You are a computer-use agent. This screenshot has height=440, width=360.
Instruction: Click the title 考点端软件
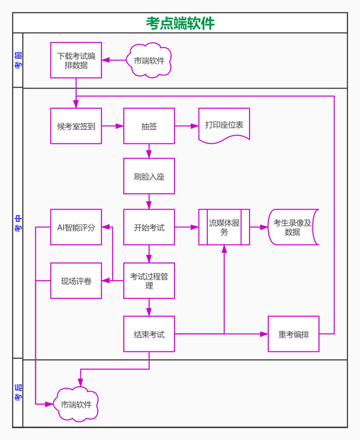(180, 23)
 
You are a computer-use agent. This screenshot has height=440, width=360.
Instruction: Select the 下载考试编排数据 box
(76, 60)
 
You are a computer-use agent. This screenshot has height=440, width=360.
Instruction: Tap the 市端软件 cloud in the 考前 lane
(149, 61)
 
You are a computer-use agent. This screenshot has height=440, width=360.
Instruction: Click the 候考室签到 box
(76, 126)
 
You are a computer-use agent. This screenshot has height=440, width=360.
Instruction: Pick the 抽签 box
(149, 126)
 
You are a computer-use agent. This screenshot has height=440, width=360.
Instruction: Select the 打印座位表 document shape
(224, 126)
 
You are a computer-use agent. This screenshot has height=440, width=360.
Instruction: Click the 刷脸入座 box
(149, 176)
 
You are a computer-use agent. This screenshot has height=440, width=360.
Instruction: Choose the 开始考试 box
(149, 227)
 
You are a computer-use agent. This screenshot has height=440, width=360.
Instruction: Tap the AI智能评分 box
(76, 227)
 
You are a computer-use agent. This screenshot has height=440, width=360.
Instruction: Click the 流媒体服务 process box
(224, 227)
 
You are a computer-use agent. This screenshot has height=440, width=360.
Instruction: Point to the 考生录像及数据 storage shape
(293, 227)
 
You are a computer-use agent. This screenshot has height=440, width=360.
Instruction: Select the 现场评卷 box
(76, 281)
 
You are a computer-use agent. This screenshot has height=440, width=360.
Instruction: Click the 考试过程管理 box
(149, 281)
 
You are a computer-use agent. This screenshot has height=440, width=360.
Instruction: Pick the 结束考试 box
(149, 334)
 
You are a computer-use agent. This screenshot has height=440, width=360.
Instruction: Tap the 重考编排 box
(294, 334)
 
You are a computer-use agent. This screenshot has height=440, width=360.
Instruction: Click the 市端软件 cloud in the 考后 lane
(76, 404)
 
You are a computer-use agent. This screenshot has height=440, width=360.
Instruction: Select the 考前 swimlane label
(18, 61)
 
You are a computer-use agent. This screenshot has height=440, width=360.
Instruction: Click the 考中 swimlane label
(18, 223)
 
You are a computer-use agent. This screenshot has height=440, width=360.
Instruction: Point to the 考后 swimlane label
(18, 392)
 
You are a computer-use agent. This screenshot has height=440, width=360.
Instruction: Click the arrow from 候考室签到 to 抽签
(113, 126)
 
